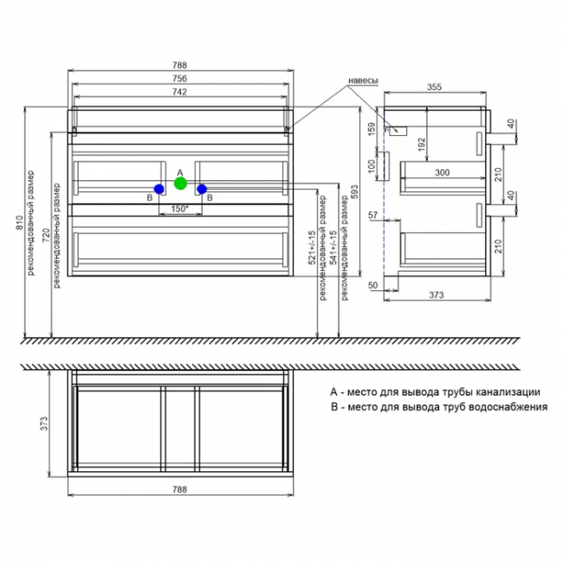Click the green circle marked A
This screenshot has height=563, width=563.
point(180,183)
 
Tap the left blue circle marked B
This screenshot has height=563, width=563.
point(159,189)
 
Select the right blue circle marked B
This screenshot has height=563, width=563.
point(202,189)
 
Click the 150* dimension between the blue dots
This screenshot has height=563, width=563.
point(180,209)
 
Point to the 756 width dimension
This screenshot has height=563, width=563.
point(179,78)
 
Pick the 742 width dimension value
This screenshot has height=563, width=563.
point(179,92)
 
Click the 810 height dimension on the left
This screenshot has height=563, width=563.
point(20,223)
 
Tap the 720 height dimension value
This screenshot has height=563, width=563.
point(47,235)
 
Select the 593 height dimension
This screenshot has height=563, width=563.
point(354,191)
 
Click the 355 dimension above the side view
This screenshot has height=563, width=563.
point(434,87)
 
